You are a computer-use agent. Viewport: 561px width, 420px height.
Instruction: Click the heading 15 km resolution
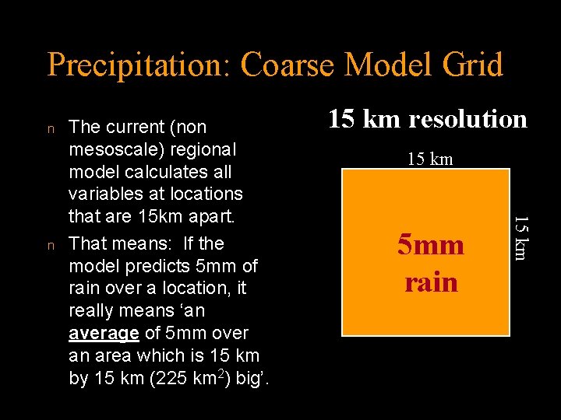(x=427, y=119)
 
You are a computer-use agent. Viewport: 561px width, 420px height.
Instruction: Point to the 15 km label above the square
(x=430, y=159)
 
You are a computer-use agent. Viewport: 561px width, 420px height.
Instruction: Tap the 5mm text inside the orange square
(x=430, y=246)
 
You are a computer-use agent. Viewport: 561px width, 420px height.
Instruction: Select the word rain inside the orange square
(x=431, y=282)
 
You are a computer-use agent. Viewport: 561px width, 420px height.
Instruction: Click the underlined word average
(x=104, y=334)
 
